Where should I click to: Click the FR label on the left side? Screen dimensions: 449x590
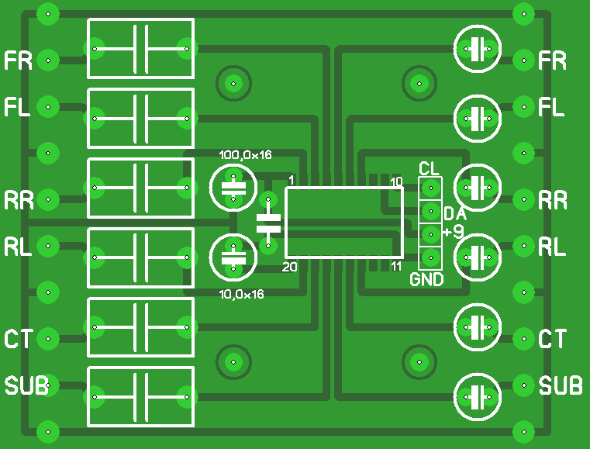[18, 60]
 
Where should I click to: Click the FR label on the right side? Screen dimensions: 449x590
[552, 60]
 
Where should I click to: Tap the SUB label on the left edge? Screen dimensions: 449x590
[26, 385]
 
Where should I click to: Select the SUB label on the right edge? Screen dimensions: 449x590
[561, 385]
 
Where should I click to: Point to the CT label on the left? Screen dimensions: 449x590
[18, 339]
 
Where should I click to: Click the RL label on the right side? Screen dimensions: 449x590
[552, 247]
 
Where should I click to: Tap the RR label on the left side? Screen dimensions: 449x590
[19, 201]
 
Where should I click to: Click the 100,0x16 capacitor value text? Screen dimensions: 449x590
[246, 155]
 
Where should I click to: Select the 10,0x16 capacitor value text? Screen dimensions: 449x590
[242, 295]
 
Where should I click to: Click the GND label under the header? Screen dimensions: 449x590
[426, 279]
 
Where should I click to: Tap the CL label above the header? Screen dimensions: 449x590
[429, 168]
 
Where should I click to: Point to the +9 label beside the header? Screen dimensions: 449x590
[454, 232]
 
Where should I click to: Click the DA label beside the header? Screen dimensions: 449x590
[454, 213]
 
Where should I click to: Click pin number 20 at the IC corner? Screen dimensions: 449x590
[290, 267]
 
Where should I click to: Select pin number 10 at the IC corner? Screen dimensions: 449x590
[396, 182]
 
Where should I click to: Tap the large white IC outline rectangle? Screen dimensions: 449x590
[344, 223]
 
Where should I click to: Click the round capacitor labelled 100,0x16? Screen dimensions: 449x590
[233, 187]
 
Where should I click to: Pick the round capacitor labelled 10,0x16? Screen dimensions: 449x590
[233, 257]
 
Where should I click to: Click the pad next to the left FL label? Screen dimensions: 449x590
[48, 106]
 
